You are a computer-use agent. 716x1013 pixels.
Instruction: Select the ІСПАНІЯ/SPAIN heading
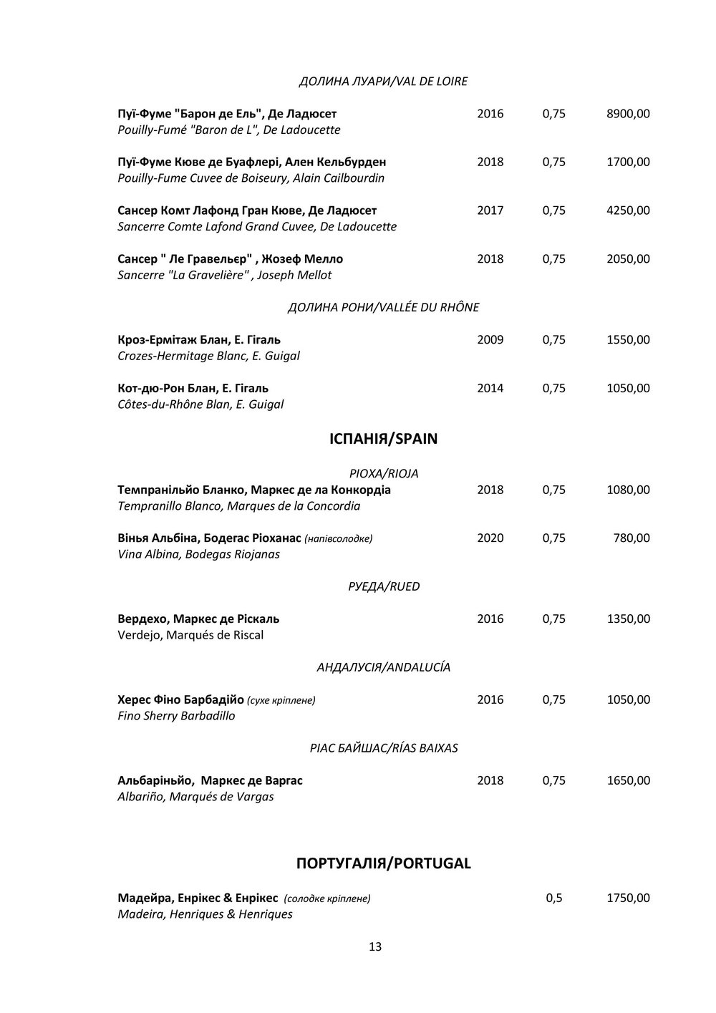[x=383, y=439]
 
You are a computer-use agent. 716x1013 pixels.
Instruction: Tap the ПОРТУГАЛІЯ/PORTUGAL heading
[x=383, y=863]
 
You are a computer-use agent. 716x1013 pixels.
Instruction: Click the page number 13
[x=375, y=946]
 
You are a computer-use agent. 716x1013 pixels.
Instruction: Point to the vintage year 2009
[x=490, y=340]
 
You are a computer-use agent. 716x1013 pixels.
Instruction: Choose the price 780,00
[x=633, y=538]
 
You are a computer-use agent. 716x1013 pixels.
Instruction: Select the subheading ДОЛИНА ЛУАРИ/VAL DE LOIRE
[x=383, y=82]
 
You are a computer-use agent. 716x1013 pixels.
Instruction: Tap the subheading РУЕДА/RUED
[x=383, y=587]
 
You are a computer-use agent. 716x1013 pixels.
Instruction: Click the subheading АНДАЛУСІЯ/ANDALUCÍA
[x=383, y=668]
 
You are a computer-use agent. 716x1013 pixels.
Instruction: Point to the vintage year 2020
[x=490, y=538]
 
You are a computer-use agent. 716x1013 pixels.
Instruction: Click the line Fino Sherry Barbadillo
[x=176, y=716]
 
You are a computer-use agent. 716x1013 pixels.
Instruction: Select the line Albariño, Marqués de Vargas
[x=195, y=797]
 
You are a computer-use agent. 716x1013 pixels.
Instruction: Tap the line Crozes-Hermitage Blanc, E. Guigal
[x=208, y=356]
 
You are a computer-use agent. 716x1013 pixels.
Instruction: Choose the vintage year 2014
[x=490, y=389]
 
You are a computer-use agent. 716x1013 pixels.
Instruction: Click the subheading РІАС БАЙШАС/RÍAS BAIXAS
[x=383, y=748]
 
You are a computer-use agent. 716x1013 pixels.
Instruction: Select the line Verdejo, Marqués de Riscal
[x=190, y=635]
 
